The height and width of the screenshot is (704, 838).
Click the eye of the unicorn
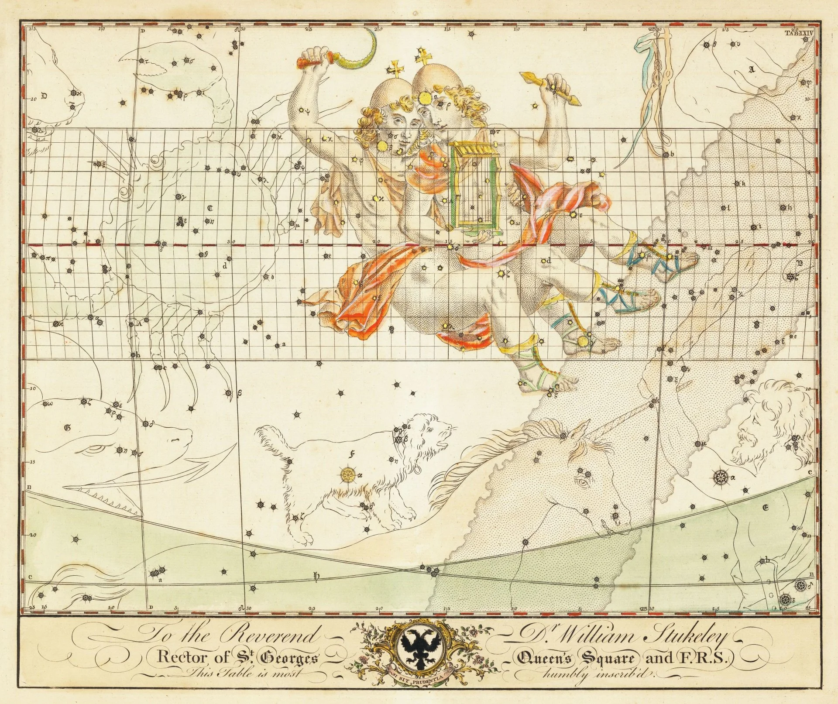582,483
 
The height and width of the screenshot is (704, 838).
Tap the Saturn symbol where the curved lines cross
316,577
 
